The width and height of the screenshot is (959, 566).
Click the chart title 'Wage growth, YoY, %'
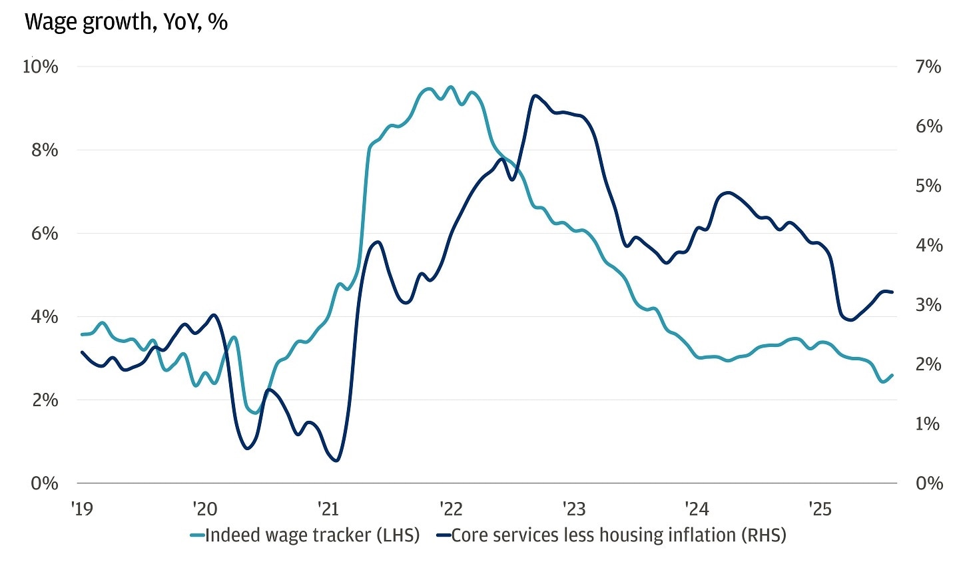click(126, 22)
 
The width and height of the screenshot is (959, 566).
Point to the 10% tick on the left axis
click(41, 67)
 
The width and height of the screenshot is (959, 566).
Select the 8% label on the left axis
click(45, 150)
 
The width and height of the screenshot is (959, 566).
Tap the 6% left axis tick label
click(45, 234)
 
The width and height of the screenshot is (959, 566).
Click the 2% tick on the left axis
click(45, 400)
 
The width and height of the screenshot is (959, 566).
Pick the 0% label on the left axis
click(45, 483)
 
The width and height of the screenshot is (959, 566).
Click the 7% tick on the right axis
click(928, 67)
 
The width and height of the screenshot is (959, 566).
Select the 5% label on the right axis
click(928, 186)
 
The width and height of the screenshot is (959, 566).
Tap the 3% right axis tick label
click(928, 305)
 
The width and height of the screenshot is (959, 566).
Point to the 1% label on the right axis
click(927, 424)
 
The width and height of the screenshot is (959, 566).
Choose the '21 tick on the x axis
click(328, 509)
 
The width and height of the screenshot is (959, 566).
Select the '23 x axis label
click(573, 509)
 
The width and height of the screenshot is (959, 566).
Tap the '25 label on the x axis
click(820, 509)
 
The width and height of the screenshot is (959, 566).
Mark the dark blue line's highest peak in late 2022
click(535, 96)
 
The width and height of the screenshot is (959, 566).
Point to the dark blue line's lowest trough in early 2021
click(336, 460)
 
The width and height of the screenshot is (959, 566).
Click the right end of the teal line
click(892, 375)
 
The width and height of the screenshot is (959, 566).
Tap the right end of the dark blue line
click(892, 292)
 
